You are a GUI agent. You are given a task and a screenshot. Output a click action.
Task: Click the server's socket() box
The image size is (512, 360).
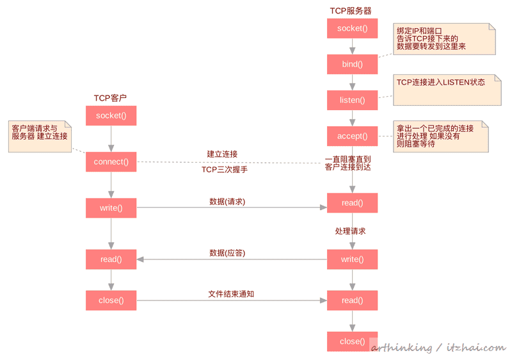(x=352, y=28)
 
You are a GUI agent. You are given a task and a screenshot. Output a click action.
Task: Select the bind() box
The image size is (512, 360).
(x=352, y=64)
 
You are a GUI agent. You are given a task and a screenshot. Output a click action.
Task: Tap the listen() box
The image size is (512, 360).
(x=352, y=100)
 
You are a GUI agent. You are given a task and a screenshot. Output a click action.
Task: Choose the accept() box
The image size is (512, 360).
(x=352, y=136)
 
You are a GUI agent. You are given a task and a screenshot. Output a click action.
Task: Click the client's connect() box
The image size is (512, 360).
(x=111, y=161)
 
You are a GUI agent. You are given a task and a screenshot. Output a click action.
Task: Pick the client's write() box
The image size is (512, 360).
(x=111, y=208)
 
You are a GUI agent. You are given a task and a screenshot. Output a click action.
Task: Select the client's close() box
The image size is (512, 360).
(x=111, y=300)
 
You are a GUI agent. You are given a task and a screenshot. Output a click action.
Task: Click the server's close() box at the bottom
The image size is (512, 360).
(x=352, y=341)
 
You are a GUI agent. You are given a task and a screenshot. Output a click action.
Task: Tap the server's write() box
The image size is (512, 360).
(x=352, y=259)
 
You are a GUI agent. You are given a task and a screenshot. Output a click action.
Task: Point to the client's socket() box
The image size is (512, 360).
(x=111, y=115)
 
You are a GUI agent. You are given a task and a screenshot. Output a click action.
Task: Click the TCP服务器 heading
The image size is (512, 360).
(x=351, y=11)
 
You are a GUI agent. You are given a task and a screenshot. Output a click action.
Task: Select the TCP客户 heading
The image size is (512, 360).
(x=110, y=98)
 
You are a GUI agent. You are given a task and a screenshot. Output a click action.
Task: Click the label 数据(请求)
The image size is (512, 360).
(x=227, y=202)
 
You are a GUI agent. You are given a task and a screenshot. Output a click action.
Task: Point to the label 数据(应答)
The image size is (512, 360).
(x=227, y=253)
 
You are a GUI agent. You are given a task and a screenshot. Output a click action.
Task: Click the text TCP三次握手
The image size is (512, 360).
(x=225, y=170)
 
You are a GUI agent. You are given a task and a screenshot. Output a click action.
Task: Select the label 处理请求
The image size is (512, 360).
(x=350, y=231)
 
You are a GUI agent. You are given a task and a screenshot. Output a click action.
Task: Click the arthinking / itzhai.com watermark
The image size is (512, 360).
(x=438, y=348)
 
